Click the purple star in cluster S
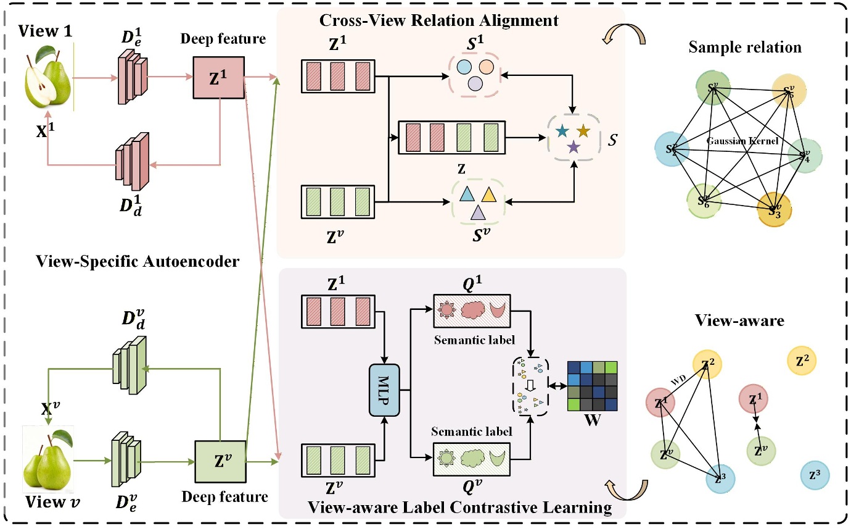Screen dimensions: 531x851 click(573, 147)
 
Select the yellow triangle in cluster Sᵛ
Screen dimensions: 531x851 click(488, 196)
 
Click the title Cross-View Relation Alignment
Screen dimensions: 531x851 click(438, 20)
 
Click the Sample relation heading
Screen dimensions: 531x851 click(745, 48)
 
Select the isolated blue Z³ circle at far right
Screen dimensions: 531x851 click(814, 475)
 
